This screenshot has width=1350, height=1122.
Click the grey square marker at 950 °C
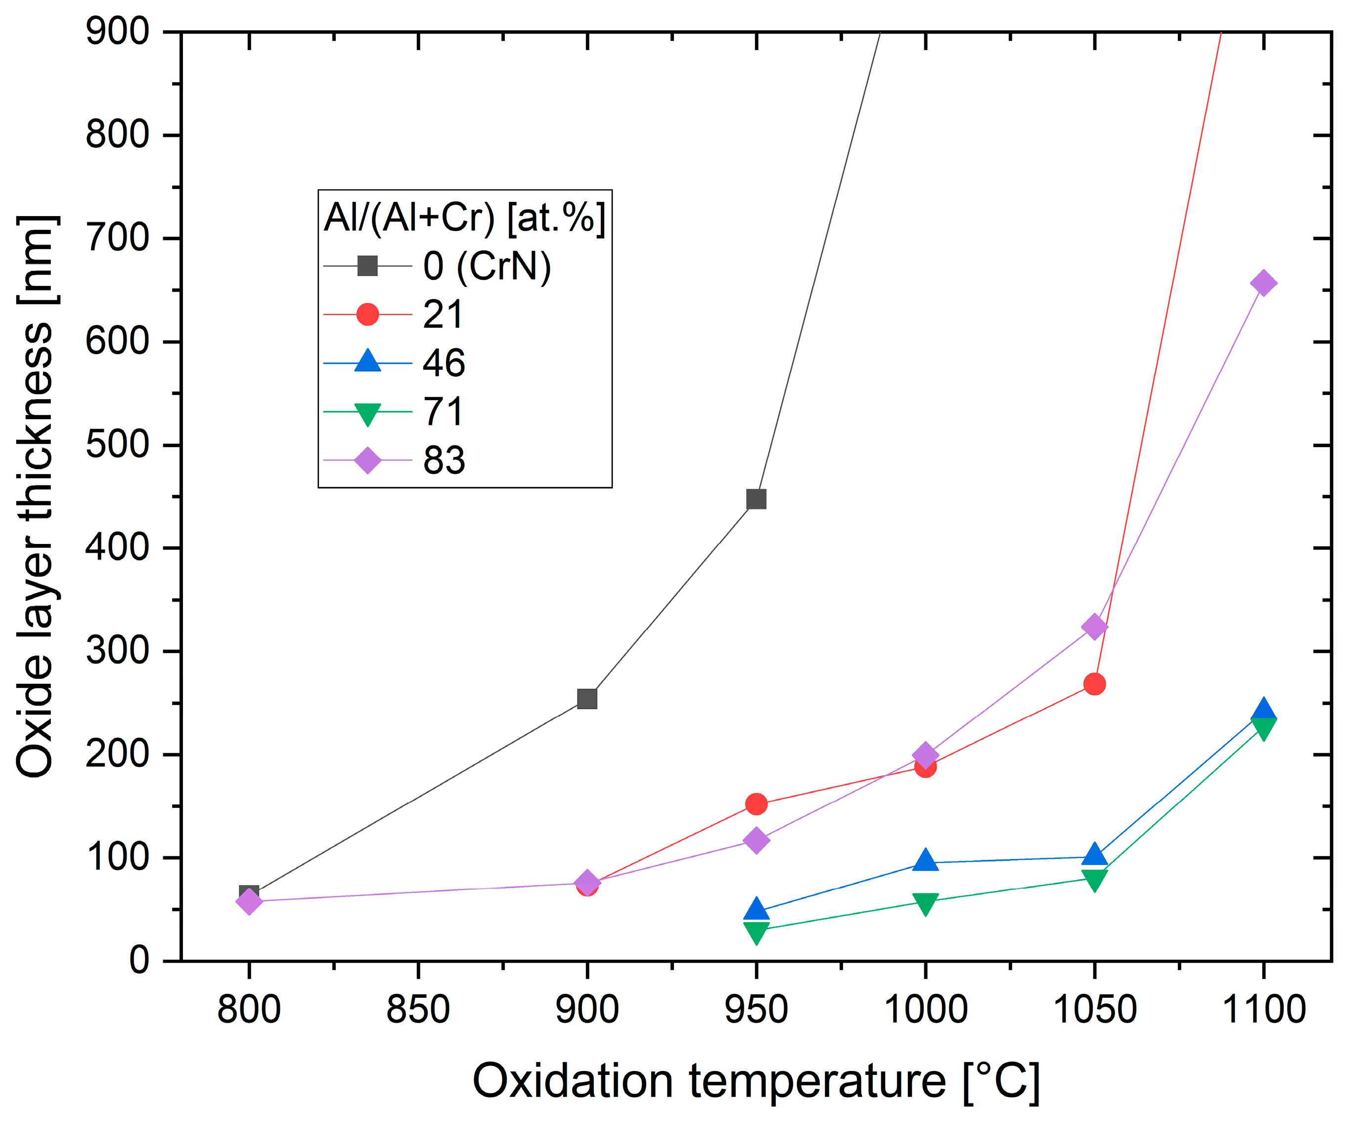(756, 499)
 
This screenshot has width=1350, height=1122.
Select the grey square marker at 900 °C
(587, 699)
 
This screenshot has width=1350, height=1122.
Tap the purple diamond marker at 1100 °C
(1263, 283)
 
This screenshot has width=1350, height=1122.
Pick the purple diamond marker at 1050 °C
(1094, 626)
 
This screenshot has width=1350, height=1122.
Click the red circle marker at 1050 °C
(1094, 684)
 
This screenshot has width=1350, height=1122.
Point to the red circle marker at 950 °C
(756, 804)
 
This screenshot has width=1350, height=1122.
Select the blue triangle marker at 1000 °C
(925, 859)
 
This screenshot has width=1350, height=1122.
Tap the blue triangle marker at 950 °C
(756, 909)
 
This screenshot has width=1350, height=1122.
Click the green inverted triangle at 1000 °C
(925, 903)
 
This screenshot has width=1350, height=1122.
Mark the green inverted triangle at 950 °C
(756, 931)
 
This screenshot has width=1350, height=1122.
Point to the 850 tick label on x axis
(418, 1009)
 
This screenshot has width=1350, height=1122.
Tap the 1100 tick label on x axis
(1263, 1009)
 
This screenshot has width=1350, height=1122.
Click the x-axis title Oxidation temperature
(756, 1081)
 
